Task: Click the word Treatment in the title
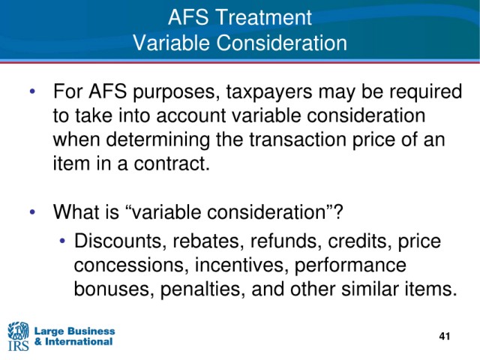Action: click(264, 17)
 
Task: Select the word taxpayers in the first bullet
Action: click(269, 92)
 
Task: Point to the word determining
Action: click(157, 140)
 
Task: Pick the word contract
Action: click(172, 163)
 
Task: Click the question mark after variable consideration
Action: click(338, 211)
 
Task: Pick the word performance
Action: click(350, 265)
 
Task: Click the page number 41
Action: click(444, 337)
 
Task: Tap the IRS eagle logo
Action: click(18, 336)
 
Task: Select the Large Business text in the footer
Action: click(74, 331)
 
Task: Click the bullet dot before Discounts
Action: click(62, 241)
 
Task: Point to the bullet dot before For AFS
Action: click(32, 91)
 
